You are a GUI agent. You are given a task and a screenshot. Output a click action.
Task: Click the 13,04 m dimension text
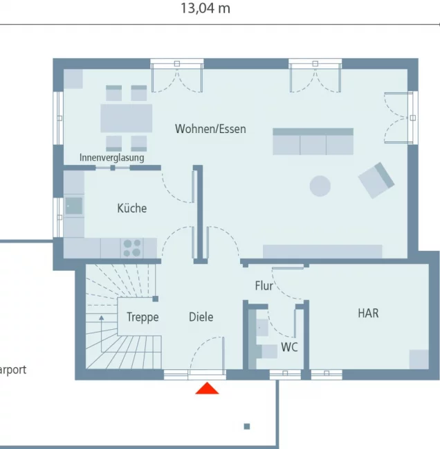point(205,8)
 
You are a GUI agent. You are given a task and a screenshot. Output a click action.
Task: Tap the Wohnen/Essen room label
point(210,129)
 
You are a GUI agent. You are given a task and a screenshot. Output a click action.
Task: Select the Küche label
point(131,208)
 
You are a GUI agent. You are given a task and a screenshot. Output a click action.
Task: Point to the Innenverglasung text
point(112,158)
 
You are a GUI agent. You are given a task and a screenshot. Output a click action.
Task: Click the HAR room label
point(368,313)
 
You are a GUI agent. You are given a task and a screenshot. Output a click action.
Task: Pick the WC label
point(289,347)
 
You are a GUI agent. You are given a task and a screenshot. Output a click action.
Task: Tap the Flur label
point(264,285)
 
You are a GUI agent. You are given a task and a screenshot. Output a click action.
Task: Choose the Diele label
point(201,317)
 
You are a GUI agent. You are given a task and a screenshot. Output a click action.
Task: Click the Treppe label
point(143,317)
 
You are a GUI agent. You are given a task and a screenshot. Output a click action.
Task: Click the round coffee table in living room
point(320,186)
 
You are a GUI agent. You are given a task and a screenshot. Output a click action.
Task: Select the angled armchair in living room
point(376,179)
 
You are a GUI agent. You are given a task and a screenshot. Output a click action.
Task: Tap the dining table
point(126,118)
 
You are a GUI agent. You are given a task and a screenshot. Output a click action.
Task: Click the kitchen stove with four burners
point(131,247)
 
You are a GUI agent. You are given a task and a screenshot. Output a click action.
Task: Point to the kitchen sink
point(73,206)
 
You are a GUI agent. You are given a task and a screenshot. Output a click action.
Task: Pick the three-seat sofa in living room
point(313,141)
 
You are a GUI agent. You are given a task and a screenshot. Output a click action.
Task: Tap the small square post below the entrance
point(247,426)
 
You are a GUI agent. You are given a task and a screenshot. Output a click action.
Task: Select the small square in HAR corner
point(419,360)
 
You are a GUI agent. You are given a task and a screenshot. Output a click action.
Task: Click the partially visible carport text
point(12,370)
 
